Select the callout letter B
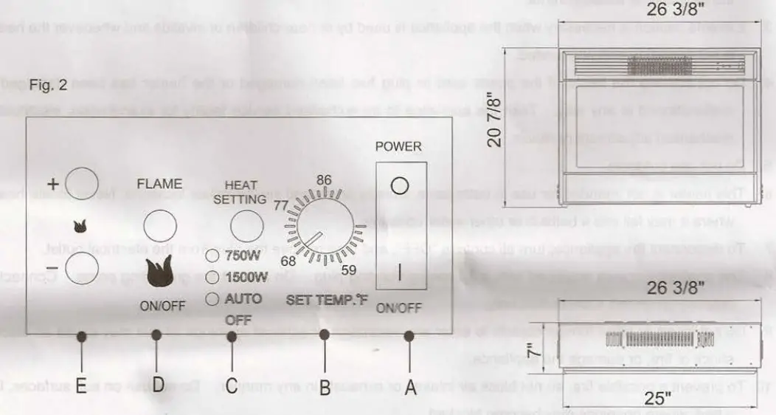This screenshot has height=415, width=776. click(324, 385)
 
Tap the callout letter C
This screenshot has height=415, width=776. click(230, 385)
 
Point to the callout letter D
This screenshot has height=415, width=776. click(157, 385)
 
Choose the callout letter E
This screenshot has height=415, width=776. click(81, 385)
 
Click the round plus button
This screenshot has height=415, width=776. click(82, 182)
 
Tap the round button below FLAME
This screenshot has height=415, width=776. click(160, 227)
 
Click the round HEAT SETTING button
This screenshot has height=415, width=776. click(246, 226)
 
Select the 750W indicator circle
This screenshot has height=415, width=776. click(212, 257)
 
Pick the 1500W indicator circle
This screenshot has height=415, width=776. click(212, 278)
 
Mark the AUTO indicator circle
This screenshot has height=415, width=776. click(212, 299)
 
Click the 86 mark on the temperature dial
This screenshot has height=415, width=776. click(325, 179)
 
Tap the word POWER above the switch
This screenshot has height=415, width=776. click(398, 146)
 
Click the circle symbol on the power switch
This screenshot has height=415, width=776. click(399, 186)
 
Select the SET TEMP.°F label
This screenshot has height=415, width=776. click(327, 301)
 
